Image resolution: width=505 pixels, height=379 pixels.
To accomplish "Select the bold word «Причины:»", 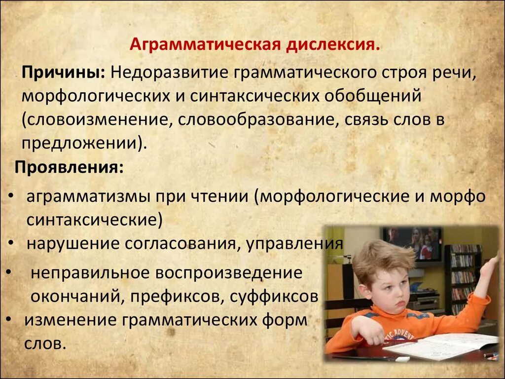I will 62,73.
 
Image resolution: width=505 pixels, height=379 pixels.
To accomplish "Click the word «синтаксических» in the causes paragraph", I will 252,96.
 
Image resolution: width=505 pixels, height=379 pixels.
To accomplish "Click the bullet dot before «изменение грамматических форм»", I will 10,320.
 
